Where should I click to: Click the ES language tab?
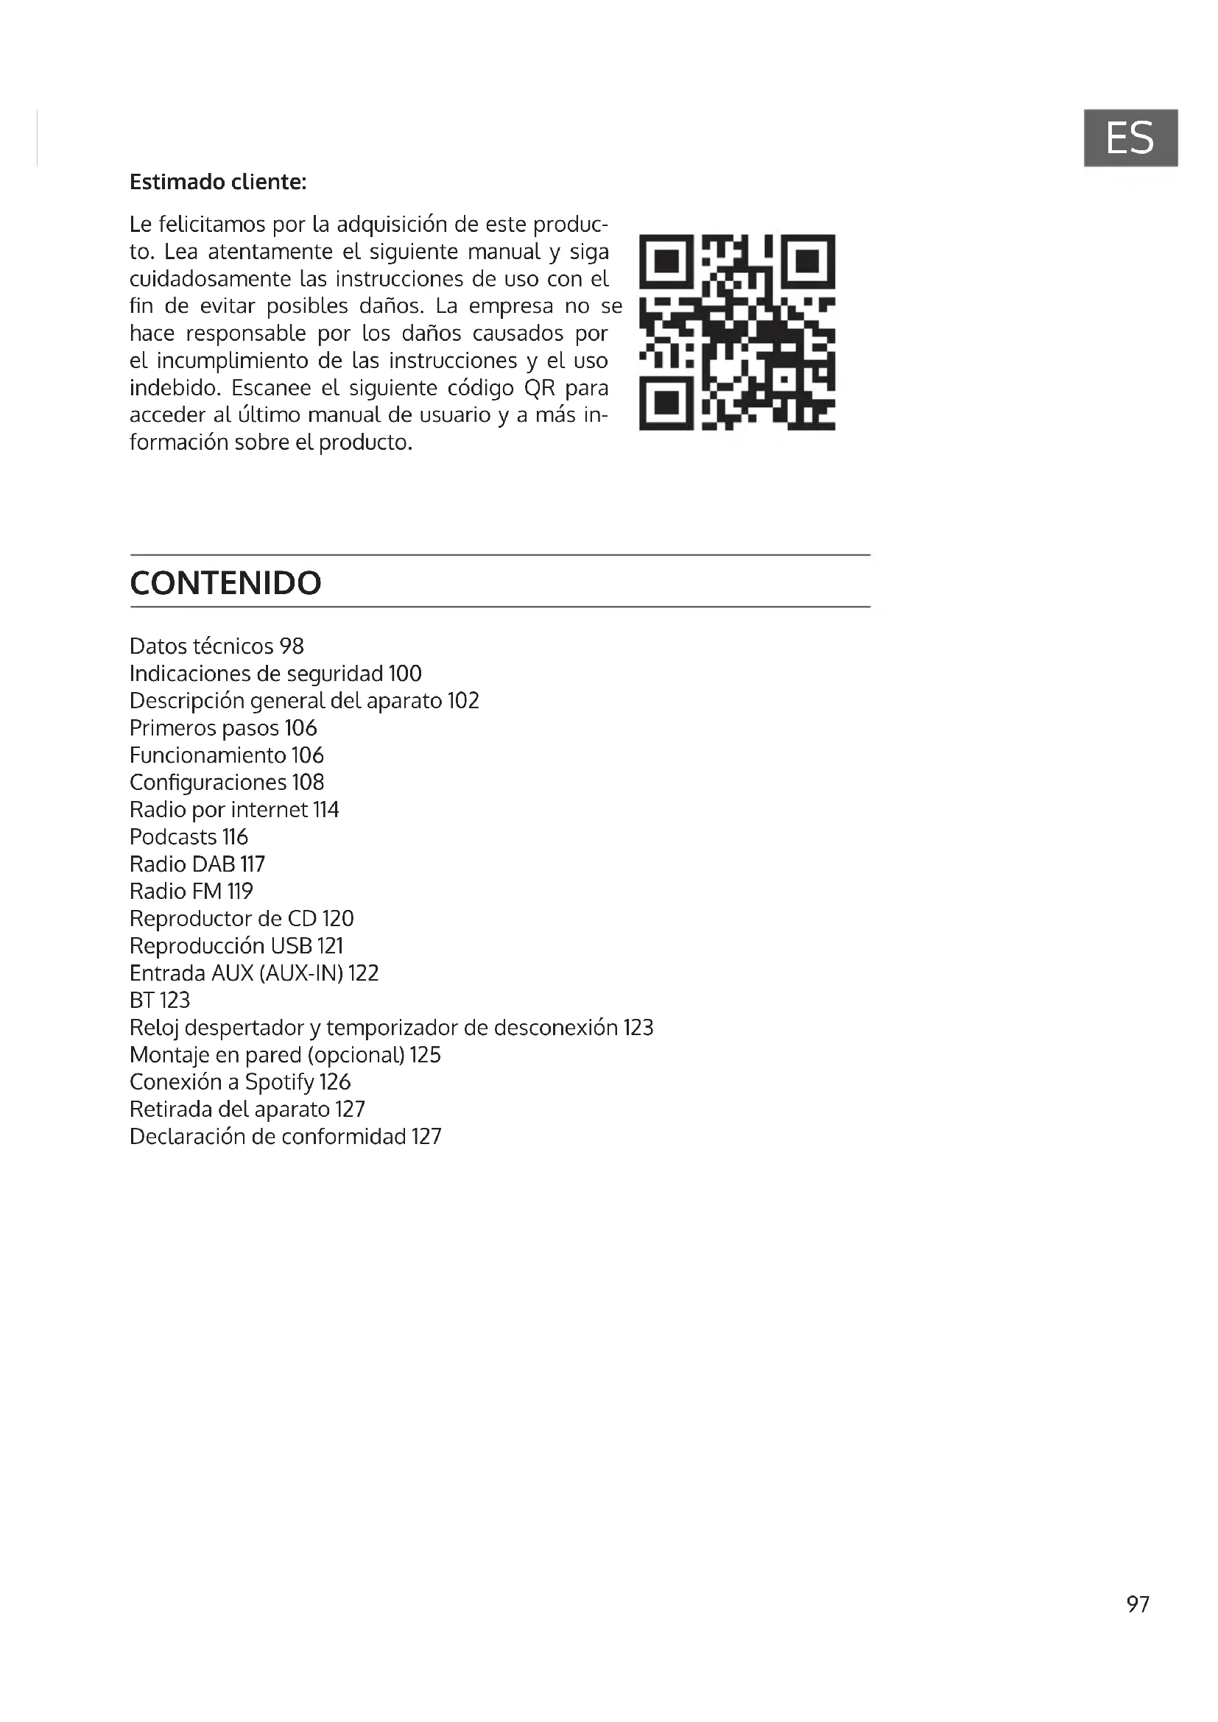[1130, 138]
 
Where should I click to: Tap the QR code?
[736, 332]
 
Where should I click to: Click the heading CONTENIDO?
[225, 583]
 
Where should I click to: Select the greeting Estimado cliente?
[217, 183]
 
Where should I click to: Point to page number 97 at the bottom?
[1137, 1603]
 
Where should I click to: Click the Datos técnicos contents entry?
[216, 646]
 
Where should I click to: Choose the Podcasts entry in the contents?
[189, 836]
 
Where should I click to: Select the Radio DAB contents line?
[197, 864]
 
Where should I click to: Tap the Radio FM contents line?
[191, 891]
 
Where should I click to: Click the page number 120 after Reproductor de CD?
[337, 918]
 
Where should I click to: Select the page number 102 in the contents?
[462, 700]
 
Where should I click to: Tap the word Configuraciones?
[208, 783]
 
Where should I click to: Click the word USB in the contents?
[291, 946]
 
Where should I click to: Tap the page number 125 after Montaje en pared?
[424, 1054]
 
